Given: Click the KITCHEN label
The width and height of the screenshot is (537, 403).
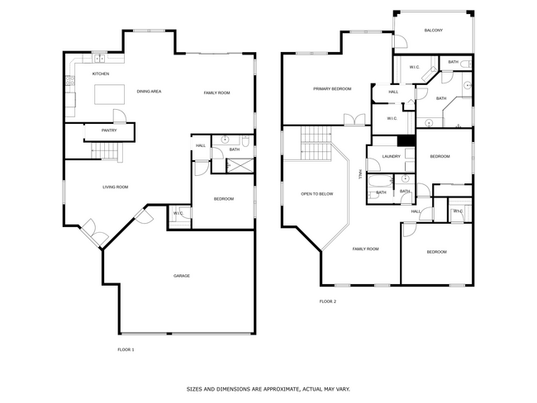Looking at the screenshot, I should [101, 74].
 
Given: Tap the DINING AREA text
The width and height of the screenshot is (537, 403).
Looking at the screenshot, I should [149, 91].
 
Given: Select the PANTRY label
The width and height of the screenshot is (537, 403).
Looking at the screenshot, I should [109, 130].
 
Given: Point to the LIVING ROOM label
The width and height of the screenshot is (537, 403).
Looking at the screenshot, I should [115, 187].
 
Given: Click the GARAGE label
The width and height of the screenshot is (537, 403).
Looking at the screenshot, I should [181, 276].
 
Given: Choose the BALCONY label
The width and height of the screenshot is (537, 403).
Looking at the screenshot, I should [434, 31].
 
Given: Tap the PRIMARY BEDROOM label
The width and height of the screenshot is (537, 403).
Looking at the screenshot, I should [332, 88].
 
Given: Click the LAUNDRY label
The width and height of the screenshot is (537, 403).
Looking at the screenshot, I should [392, 156].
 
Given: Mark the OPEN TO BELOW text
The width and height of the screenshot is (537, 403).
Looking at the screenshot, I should [317, 194].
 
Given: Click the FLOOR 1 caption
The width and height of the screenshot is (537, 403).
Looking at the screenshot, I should [126, 349].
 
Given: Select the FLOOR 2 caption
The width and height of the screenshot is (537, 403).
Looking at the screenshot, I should [328, 301].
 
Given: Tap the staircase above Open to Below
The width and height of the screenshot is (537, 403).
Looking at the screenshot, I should [316, 144].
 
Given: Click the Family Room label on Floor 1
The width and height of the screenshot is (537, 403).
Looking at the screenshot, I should [216, 92].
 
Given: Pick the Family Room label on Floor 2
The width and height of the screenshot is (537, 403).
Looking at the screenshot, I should [365, 249].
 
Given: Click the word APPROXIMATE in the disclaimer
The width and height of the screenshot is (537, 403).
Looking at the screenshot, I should [274, 387].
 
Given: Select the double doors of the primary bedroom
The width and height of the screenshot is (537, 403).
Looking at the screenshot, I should [355, 120].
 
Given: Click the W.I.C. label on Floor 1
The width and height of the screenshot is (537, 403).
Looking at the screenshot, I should [178, 215].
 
